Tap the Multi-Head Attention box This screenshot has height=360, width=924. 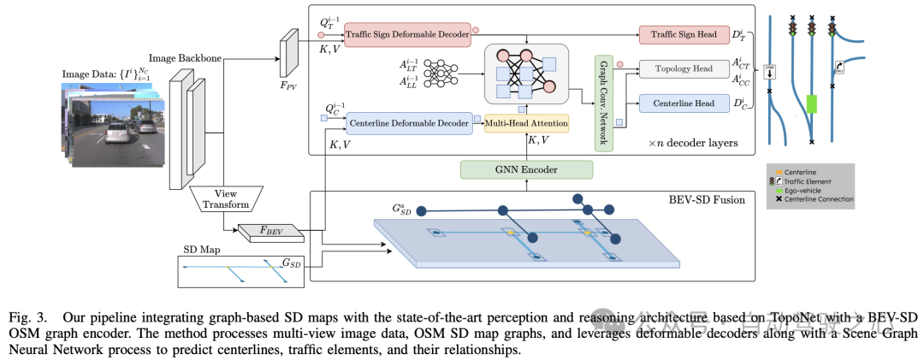point(526,124)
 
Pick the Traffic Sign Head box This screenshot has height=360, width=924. point(678,33)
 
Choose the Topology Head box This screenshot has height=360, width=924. point(678,68)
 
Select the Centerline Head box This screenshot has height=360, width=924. point(678,104)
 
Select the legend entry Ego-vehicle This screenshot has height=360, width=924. point(802,190)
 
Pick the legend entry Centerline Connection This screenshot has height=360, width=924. point(814,199)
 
